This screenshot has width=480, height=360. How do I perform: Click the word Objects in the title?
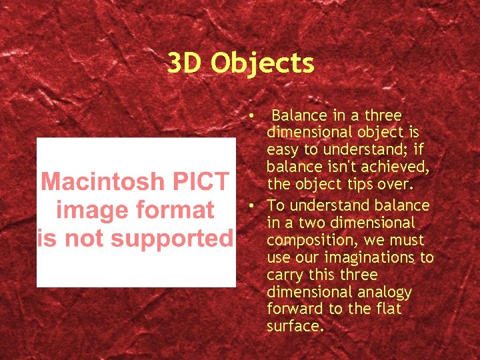(263, 64)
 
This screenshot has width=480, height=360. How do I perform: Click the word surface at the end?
(293, 327)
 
